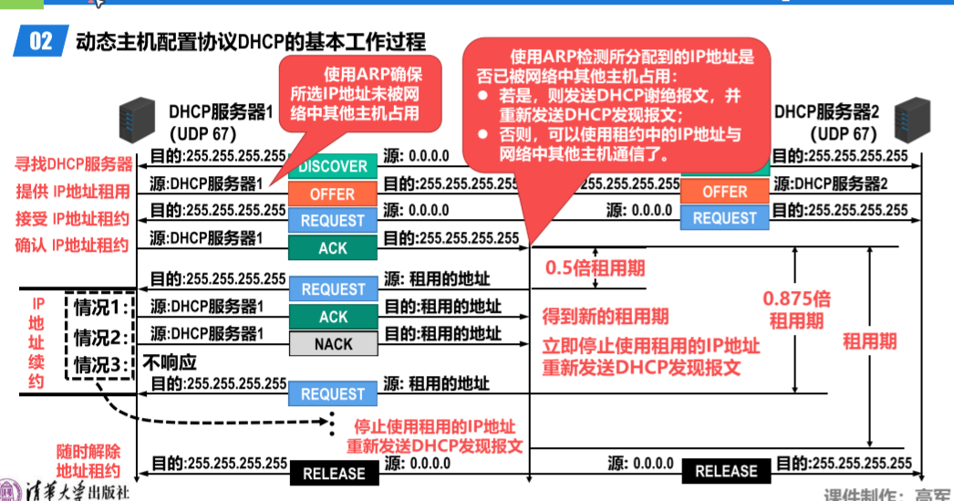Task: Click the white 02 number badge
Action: pos(41,41)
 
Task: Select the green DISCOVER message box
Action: pos(333,167)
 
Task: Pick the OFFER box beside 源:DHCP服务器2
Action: pos(725,192)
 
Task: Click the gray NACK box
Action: pos(333,344)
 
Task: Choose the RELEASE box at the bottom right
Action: pos(726,471)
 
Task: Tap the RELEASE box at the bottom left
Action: pos(333,474)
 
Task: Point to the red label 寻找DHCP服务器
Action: pos(73,165)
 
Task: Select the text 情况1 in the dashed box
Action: pos(101,306)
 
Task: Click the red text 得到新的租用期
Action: pos(606,317)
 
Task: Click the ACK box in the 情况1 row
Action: pos(333,317)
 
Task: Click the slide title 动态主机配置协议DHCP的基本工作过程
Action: pos(251,41)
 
